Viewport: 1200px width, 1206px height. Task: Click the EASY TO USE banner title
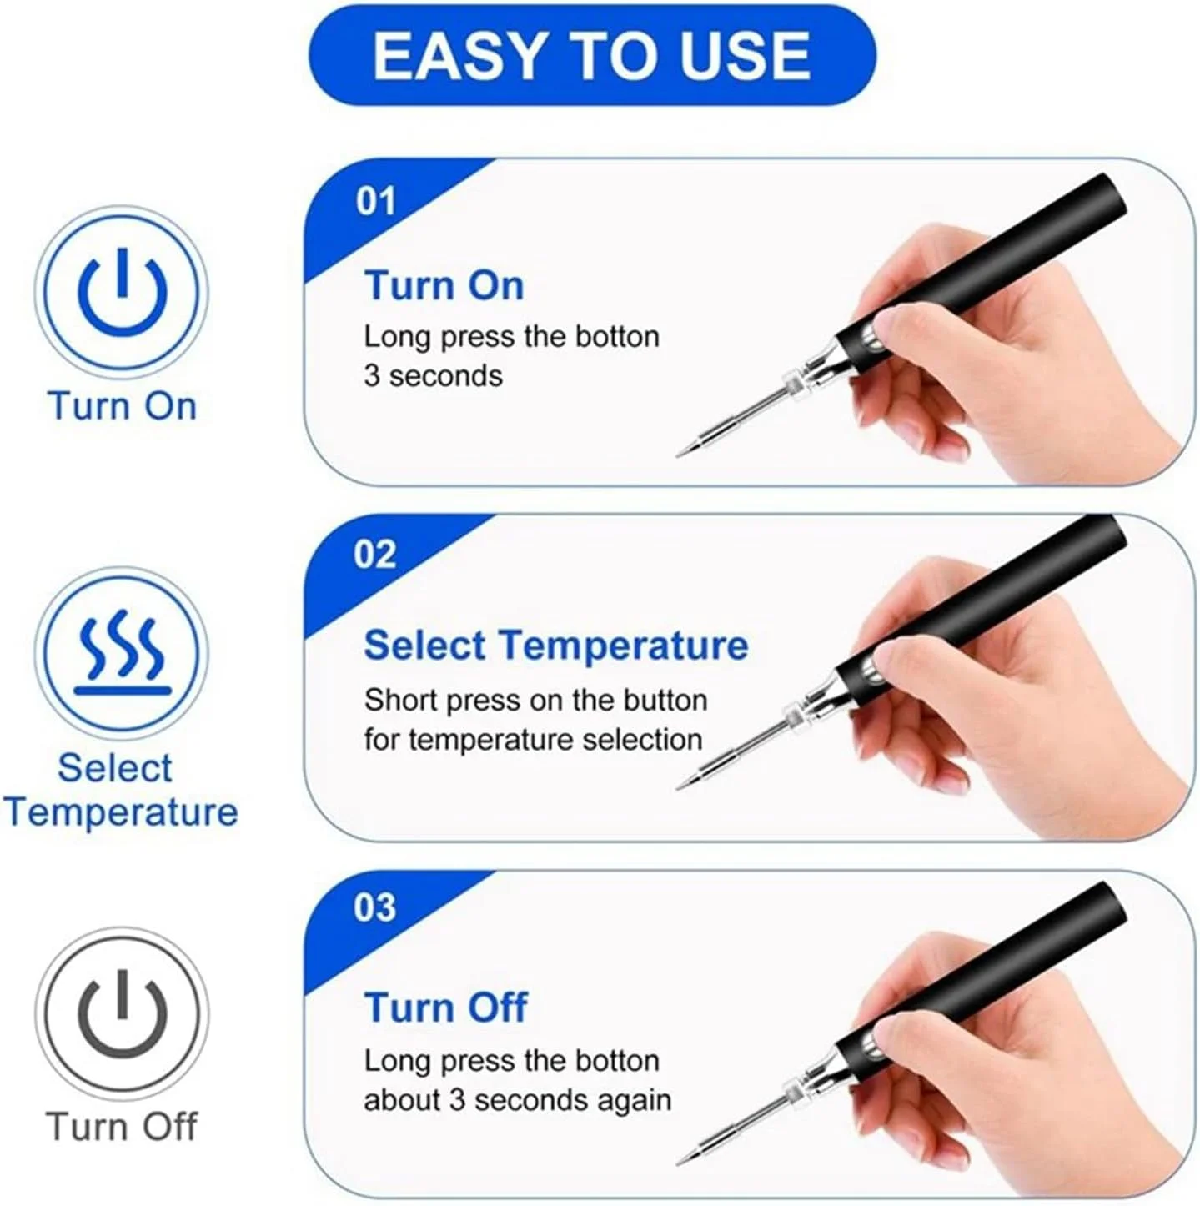(x=591, y=56)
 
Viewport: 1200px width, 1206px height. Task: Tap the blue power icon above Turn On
(x=122, y=291)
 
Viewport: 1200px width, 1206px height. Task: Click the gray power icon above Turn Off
(x=122, y=1013)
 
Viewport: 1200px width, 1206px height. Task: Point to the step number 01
(x=374, y=202)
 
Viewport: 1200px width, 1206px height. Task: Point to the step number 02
(x=374, y=555)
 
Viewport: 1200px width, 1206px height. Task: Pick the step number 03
(x=374, y=908)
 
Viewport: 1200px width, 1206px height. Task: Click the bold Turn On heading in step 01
(x=444, y=285)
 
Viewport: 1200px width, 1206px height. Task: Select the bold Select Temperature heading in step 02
(x=555, y=646)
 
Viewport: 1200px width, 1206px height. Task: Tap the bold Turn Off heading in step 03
(x=445, y=1008)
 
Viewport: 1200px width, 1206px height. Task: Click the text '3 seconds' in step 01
(x=433, y=376)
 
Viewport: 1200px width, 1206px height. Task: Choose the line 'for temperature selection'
(x=533, y=740)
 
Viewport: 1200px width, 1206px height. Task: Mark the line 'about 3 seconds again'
(x=517, y=1100)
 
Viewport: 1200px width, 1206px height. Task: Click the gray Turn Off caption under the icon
(x=122, y=1127)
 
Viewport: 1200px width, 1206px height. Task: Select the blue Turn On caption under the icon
(x=122, y=406)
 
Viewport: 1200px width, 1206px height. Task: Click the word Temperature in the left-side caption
(x=122, y=812)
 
